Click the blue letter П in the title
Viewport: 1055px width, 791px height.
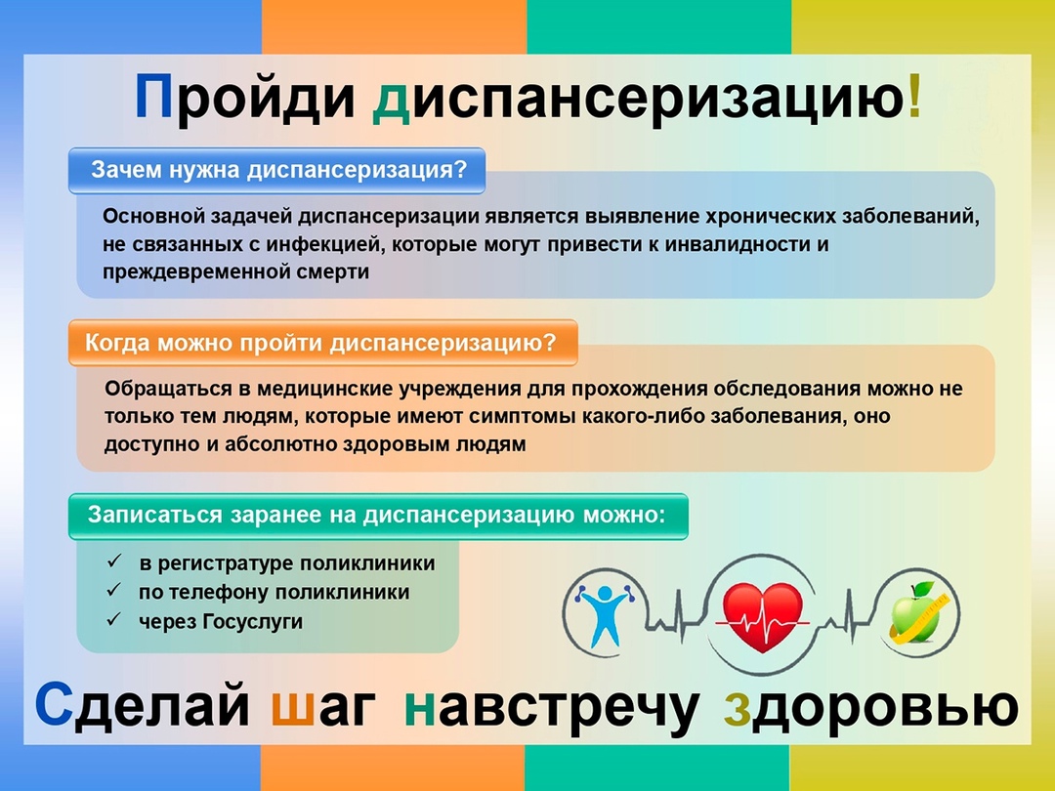click(154, 97)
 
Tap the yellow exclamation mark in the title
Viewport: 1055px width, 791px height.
click(913, 96)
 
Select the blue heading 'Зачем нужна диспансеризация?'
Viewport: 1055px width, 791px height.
click(278, 170)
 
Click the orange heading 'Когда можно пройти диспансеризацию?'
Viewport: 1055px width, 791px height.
click(320, 343)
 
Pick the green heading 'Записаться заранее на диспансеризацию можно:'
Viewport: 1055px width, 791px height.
click(376, 516)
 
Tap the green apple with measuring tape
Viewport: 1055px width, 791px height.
click(919, 611)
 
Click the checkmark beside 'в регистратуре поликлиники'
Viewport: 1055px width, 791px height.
click(114, 561)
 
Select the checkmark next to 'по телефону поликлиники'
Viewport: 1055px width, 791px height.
click(114, 590)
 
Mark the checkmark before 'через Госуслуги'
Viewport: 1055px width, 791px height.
click(114, 619)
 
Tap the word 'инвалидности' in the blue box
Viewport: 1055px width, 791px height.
click(739, 244)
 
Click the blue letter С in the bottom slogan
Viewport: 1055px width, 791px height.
click(54, 704)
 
